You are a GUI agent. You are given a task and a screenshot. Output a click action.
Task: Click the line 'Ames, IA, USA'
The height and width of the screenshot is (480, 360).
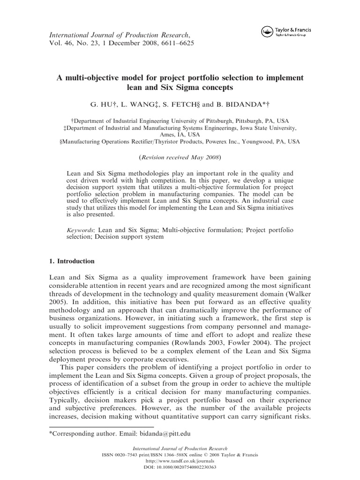[180, 134]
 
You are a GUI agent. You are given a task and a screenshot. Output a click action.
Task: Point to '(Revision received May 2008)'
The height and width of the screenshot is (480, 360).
[180, 157]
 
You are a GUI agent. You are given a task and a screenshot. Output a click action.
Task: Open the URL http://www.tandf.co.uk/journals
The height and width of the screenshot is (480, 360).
[180, 461]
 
